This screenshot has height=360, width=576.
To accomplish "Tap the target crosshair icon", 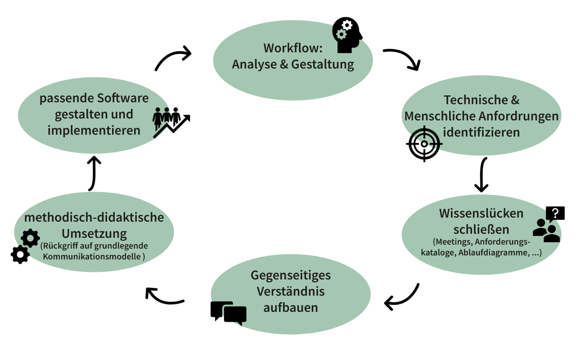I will tap(424, 144).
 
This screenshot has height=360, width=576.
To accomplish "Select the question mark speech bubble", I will tap(555, 213).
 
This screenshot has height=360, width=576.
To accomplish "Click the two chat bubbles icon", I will tap(229, 312).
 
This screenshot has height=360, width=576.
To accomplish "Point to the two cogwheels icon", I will tap(25, 246).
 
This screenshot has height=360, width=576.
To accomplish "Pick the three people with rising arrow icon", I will tap(171, 122).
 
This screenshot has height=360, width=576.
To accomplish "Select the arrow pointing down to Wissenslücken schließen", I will tap(482, 175).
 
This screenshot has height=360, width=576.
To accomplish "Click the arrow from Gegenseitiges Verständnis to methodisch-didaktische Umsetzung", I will tap(164, 297).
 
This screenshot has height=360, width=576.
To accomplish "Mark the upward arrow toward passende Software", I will tap(93, 173).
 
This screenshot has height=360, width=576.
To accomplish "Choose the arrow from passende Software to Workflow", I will tap(173, 58).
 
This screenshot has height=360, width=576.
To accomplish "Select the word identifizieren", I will tap(481, 133).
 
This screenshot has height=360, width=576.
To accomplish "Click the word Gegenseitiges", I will tap(291, 274).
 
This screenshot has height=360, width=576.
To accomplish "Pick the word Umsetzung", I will tap(94, 234).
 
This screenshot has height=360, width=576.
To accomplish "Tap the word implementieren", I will tap(94, 130).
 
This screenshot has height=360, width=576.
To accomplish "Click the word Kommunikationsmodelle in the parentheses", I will tap(92, 256).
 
